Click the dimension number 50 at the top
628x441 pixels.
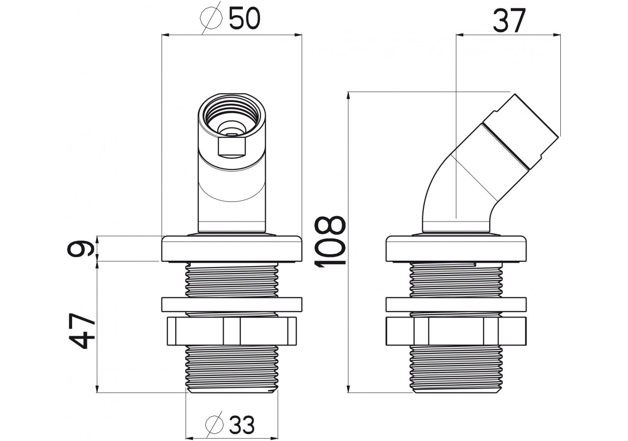pyautogui.click(x=244, y=20)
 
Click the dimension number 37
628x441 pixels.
pyautogui.click(x=509, y=21)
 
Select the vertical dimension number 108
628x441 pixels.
pyautogui.click(x=329, y=242)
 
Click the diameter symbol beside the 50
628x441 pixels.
pyautogui.click(x=211, y=20)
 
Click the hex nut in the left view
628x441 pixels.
pyautogui.click(x=232, y=331)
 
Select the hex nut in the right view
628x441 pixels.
pyautogui.click(x=456, y=331)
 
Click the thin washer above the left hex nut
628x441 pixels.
pyautogui.click(x=232, y=304)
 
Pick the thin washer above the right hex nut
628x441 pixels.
pyautogui.click(x=456, y=304)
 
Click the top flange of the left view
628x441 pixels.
pyautogui.click(x=232, y=248)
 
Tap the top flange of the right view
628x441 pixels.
pyautogui.click(x=456, y=248)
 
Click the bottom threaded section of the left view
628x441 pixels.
pyautogui.click(x=232, y=367)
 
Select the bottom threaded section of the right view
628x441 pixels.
pyautogui.click(x=456, y=367)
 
